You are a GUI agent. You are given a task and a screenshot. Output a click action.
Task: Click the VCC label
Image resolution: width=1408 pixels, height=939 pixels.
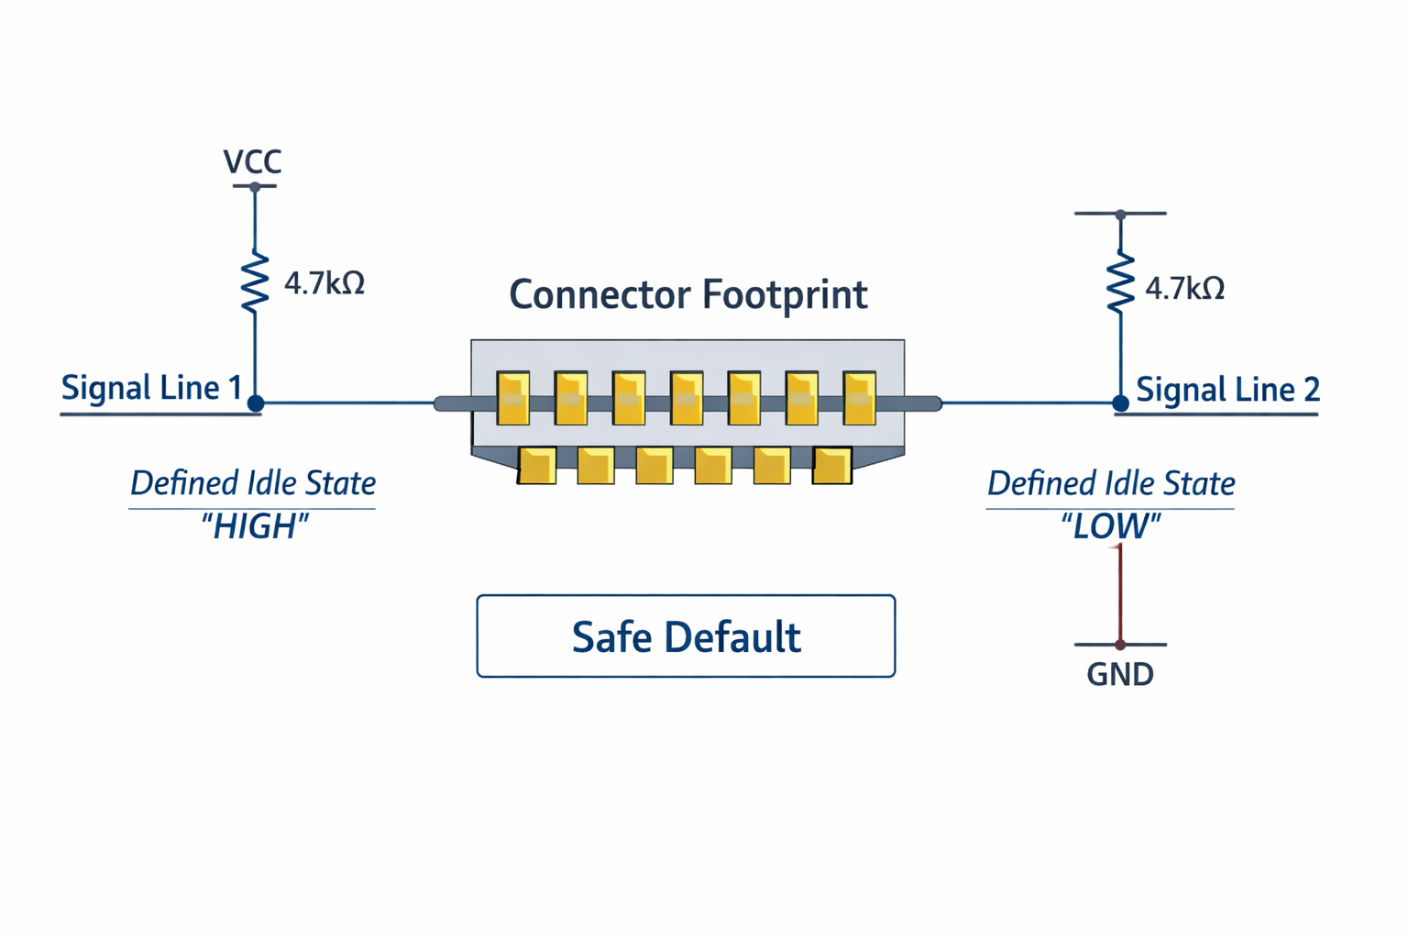tap(252, 162)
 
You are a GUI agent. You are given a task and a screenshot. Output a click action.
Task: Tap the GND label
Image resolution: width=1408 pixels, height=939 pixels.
tap(1119, 675)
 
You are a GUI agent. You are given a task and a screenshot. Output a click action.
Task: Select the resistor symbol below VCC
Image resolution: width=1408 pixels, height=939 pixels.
tap(255, 282)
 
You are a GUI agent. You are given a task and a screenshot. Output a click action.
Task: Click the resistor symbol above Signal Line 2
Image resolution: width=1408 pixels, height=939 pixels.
tap(1120, 284)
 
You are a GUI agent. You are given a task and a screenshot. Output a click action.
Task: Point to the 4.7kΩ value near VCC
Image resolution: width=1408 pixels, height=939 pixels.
tap(324, 283)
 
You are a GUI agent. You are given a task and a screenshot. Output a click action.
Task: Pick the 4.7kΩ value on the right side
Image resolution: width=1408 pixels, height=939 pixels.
tap(1185, 289)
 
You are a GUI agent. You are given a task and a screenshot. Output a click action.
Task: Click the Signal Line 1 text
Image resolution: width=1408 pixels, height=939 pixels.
tap(151, 388)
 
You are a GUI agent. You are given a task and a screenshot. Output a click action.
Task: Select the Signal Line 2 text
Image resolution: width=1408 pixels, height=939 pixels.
tap(1227, 390)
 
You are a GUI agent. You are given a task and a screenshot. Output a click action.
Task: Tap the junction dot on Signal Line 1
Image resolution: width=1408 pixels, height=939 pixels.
tap(256, 403)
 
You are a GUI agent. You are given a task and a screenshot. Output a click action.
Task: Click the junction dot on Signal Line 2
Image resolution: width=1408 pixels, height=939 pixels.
tap(1120, 403)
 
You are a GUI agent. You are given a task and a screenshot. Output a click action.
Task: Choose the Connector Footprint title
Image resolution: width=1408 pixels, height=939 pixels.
tap(687, 295)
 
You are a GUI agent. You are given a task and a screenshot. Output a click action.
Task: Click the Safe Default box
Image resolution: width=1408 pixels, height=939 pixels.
tap(686, 636)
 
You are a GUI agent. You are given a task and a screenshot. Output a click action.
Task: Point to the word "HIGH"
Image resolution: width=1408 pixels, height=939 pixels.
tap(254, 527)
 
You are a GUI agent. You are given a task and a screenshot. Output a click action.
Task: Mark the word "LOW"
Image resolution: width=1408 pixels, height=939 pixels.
tap(1110, 527)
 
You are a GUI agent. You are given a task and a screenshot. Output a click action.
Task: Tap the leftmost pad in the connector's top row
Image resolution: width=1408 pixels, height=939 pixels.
tap(513, 398)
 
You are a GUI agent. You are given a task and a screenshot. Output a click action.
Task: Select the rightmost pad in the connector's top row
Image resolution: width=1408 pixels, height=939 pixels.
tap(859, 398)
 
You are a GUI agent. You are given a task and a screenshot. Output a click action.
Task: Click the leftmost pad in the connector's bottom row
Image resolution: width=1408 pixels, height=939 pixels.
tap(537, 465)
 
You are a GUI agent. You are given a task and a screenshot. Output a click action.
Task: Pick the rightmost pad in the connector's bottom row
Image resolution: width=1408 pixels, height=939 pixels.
tap(831, 465)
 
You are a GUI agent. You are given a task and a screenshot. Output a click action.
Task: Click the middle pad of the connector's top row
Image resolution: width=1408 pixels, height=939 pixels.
tap(687, 398)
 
